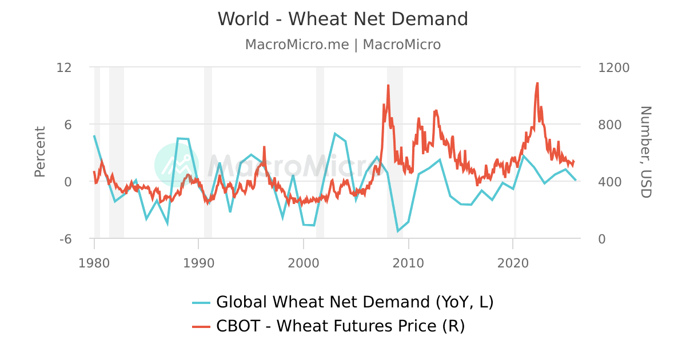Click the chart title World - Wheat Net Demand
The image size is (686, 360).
[343, 19]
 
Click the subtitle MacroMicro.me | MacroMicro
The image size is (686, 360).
[343, 45]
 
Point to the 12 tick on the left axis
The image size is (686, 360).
[64, 67]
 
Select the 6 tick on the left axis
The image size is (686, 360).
[67, 125]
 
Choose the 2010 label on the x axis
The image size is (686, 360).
[408, 263]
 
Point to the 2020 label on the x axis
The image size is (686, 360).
[513, 263]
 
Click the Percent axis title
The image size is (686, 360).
[39, 152]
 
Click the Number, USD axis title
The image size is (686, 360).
[645, 152]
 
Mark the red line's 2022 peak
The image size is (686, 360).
[537, 83]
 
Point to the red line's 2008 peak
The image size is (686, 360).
[388, 86]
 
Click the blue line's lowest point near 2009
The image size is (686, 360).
[398, 231]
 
